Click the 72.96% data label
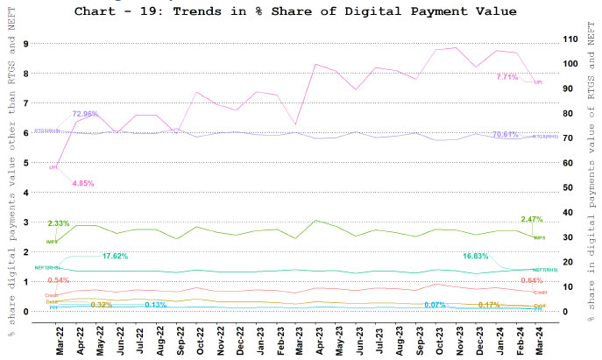85,114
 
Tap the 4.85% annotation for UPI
82,183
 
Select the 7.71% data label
509,77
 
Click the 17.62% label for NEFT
117,257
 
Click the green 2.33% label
59,223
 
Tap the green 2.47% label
532,219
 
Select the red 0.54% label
59,279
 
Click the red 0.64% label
532,280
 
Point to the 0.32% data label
102,305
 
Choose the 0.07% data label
435,305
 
